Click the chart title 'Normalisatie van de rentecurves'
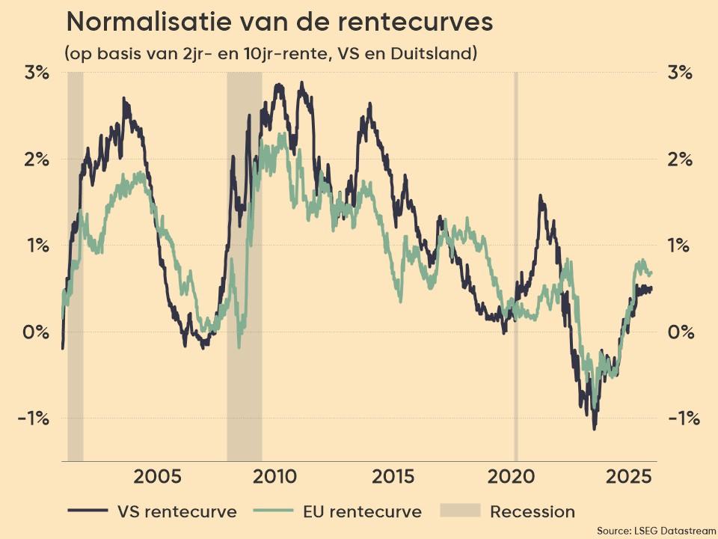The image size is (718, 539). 280,22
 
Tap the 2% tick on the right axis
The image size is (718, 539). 679,159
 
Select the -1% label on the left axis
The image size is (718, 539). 33,418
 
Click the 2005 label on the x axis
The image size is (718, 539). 158,478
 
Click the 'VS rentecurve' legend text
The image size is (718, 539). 177,512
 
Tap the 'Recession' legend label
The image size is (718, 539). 533,512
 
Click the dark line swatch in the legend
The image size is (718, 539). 88,512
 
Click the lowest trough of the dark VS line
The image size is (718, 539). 595,428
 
